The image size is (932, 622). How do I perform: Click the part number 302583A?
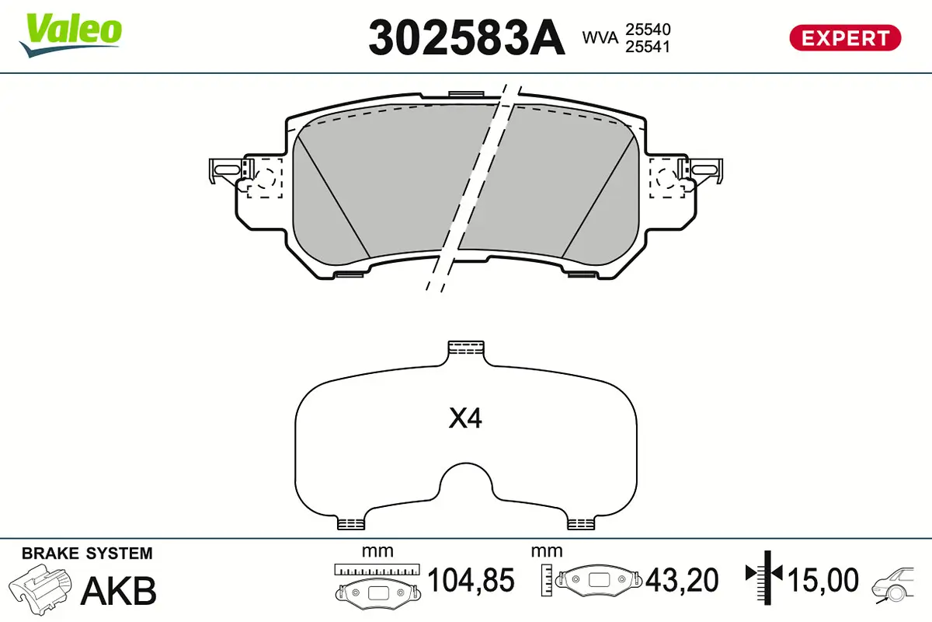click(x=465, y=37)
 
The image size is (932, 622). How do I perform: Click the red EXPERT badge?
click(x=844, y=37)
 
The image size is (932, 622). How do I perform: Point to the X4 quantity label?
click(x=465, y=419)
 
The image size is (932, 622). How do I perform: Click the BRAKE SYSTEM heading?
click(x=87, y=554)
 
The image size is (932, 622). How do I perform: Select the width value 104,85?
click(x=471, y=580)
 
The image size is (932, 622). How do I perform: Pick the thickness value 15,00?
click(x=823, y=580)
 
